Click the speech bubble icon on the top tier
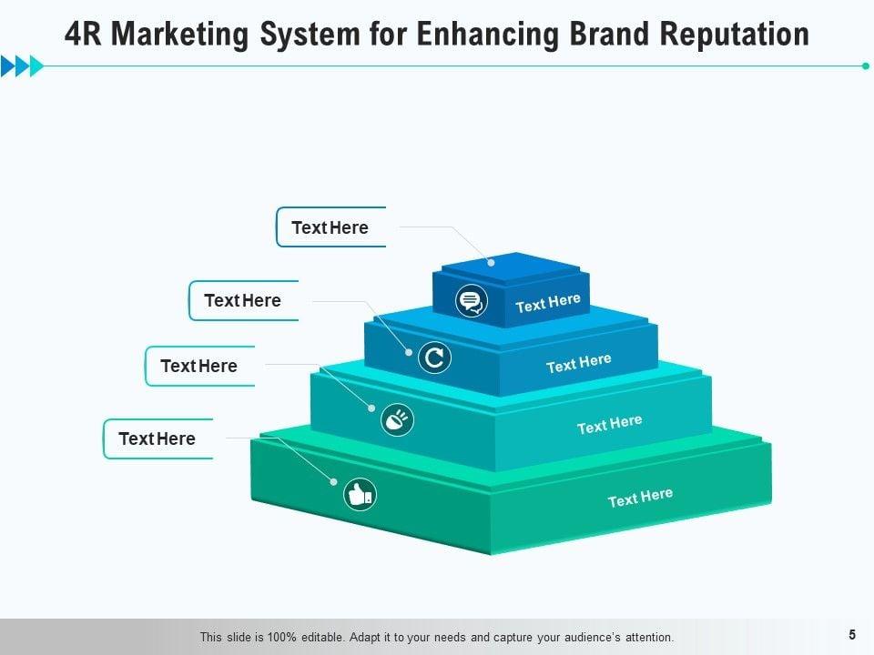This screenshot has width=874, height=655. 471,299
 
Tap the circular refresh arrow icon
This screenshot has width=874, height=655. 434,358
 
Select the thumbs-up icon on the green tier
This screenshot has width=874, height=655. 360,495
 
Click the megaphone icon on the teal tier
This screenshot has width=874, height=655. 398,419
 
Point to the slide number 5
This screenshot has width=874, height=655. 852,635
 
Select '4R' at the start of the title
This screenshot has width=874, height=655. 85,35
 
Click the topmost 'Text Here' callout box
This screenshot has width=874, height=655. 330,227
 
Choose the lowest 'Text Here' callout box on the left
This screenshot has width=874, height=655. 158,438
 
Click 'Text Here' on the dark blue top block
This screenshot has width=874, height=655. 548,303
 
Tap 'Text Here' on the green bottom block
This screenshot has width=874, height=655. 640,498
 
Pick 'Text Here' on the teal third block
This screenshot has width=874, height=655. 609,424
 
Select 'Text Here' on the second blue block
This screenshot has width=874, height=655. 578,364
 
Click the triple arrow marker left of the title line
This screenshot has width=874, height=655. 22,65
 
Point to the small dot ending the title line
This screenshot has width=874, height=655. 865,65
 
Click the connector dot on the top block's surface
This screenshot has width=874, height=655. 492,262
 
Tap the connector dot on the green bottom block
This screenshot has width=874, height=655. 333,481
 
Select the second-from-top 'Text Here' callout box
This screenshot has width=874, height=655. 243,300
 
